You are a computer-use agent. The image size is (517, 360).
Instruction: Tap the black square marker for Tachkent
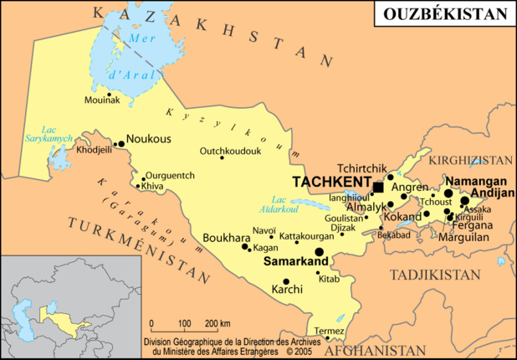(x=378, y=187)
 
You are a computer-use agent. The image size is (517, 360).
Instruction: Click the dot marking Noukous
(x=120, y=144)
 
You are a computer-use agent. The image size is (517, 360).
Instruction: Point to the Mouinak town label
(x=102, y=100)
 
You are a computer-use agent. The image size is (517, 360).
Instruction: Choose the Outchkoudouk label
(x=230, y=151)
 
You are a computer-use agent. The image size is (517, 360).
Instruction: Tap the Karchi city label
(x=287, y=290)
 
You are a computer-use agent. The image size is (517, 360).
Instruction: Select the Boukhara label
(x=223, y=238)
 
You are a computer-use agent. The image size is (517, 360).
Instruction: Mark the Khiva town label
(x=152, y=186)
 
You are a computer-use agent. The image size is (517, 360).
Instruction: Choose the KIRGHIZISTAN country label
(x=471, y=158)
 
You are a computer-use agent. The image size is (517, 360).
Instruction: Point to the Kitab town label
(x=329, y=278)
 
